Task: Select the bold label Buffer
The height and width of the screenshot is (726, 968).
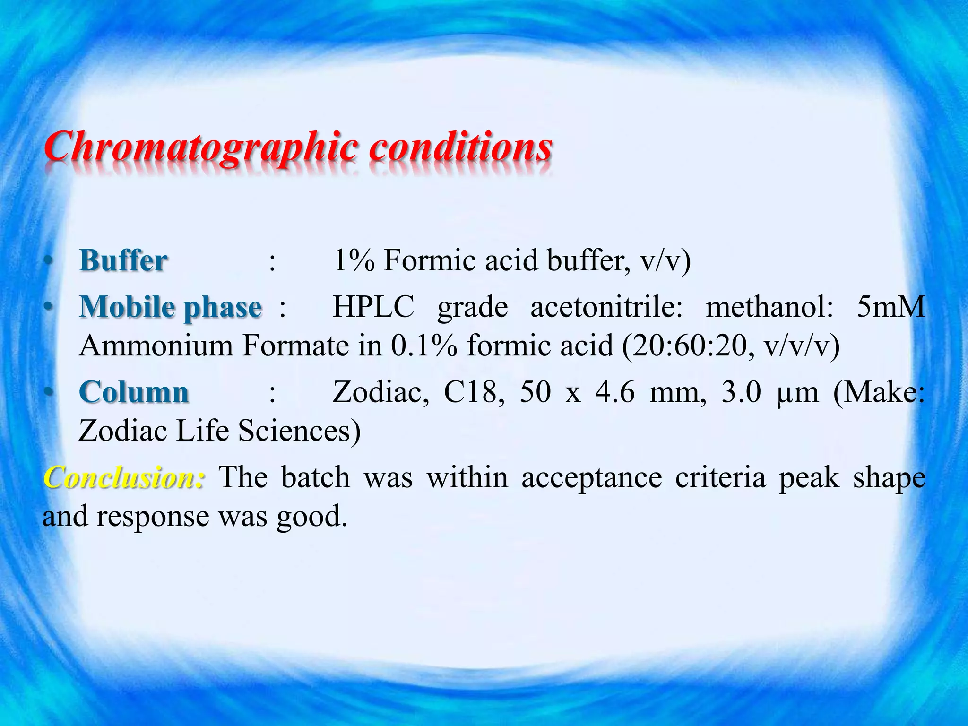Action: (123, 260)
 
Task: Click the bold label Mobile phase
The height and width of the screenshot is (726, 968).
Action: (170, 308)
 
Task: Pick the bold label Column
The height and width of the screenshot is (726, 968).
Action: (134, 392)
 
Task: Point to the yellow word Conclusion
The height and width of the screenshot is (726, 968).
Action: (124, 477)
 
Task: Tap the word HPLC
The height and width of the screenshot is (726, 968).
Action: (373, 307)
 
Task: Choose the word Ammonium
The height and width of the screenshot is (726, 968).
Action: (156, 346)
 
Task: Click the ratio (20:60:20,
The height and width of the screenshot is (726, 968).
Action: (681, 346)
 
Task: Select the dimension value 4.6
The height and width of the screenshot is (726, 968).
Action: (614, 392)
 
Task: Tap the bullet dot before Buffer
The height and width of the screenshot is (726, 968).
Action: (47, 261)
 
